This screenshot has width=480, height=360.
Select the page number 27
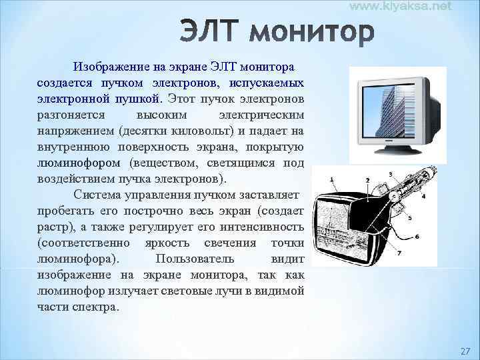tap(465, 351)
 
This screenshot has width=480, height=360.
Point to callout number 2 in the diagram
tap(368, 181)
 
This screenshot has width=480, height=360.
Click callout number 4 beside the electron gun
tap(423, 196)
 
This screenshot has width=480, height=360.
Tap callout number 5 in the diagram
tap(409, 218)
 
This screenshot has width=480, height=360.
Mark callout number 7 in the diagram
tap(399, 253)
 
